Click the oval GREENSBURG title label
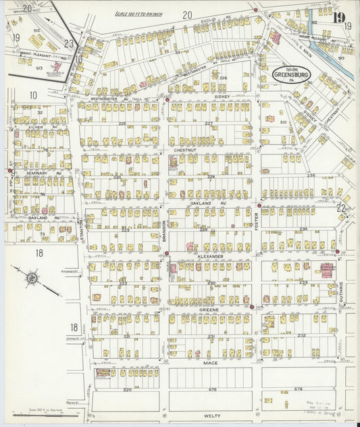(x=290, y=73)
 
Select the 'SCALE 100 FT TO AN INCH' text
(x=139, y=14)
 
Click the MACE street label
(x=211, y=363)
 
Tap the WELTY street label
(x=211, y=416)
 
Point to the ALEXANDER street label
(x=210, y=257)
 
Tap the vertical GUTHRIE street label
(x=342, y=293)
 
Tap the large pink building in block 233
(x=327, y=270)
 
